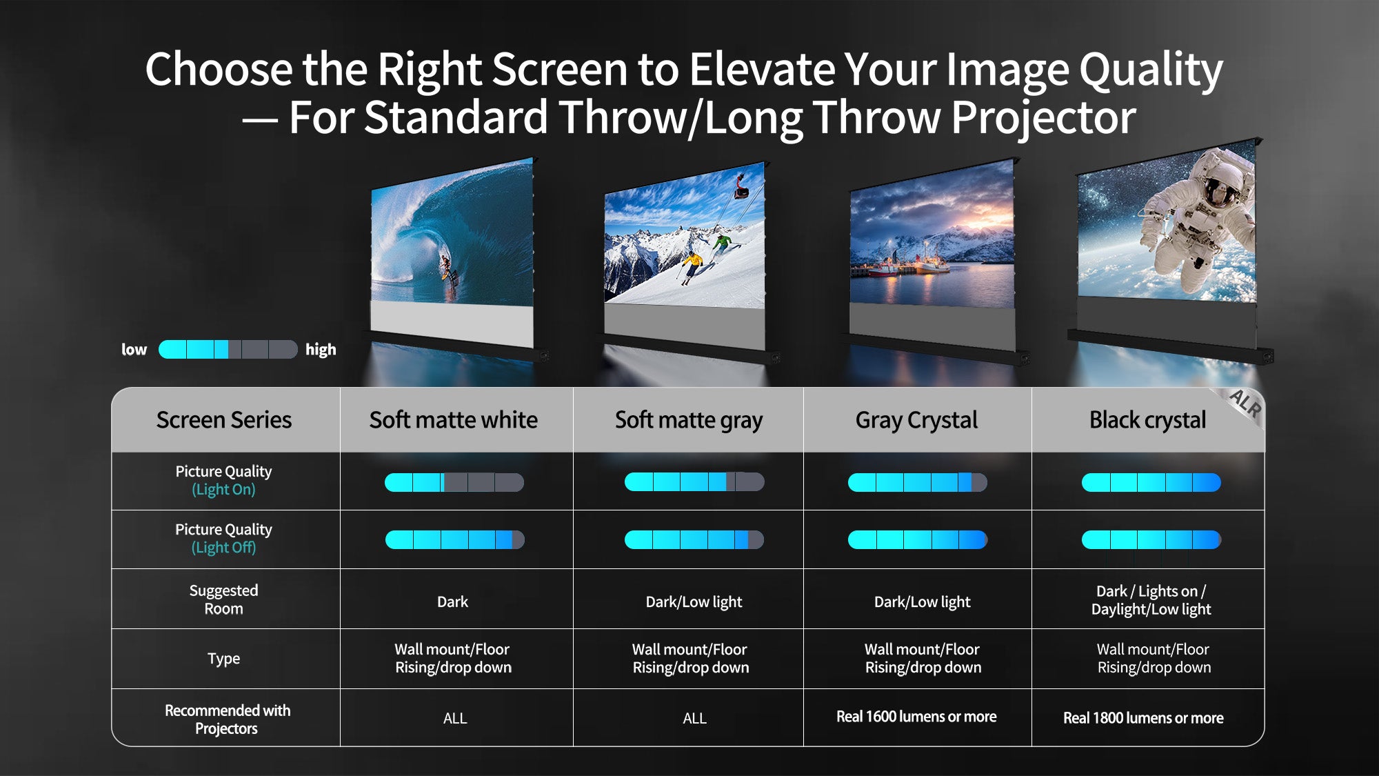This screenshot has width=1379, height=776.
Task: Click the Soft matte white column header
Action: [x=453, y=419]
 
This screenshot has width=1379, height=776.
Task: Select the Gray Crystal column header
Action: [x=916, y=420]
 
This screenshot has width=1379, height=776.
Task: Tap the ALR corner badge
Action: [x=1245, y=404]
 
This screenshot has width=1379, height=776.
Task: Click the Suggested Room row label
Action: [x=223, y=599]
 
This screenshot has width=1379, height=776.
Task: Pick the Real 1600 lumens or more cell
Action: [x=916, y=717]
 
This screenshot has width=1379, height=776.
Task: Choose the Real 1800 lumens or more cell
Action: [x=1143, y=718]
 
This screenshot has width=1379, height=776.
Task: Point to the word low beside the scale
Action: [x=134, y=350]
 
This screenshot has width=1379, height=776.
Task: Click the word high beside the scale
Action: [x=321, y=350]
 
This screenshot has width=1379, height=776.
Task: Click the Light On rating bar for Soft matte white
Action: [x=454, y=482]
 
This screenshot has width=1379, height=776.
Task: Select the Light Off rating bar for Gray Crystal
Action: [x=918, y=539]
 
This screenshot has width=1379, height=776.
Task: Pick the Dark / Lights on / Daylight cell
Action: [x=1151, y=600]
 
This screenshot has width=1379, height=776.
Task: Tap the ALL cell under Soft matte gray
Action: [x=694, y=719]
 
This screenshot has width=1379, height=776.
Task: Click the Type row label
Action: [x=223, y=659]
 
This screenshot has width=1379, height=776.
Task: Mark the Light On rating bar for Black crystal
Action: [x=1151, y=482]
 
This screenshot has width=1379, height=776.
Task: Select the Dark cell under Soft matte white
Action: [x=452, y=601]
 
